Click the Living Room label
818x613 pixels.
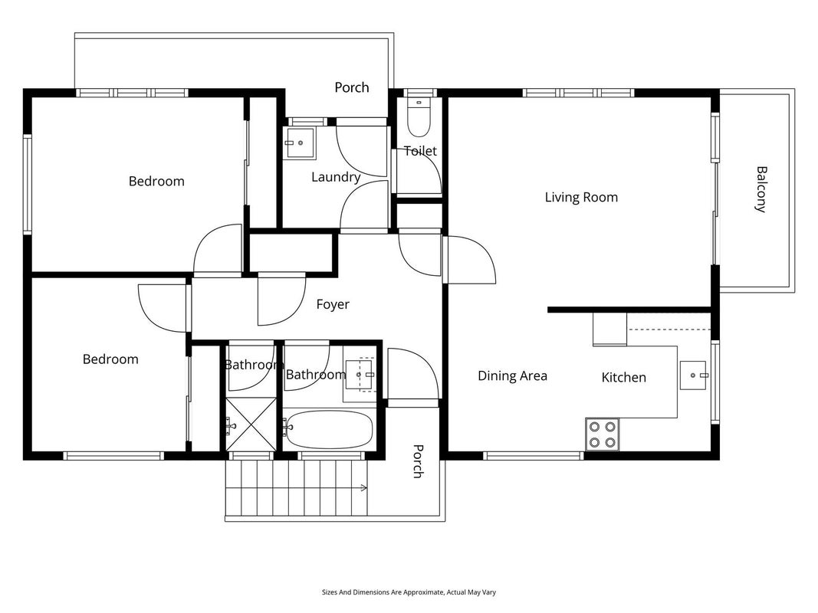tap(581, 197)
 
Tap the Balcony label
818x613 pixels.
tap(761, 189)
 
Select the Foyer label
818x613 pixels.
tap(333, 304)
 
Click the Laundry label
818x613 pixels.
tap(336, 177)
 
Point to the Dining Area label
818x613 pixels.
tap(512, 375)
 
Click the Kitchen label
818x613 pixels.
tap(623, 378)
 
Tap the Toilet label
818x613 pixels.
tap(420, 151)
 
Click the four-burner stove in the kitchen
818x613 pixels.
tap(602, 434)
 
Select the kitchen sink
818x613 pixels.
tap(693, 375)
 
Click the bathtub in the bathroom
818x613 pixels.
tap(329, 430)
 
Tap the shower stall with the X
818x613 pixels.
tap(251, 425)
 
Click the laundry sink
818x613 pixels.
tap(299, 143)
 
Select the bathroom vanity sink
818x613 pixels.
tap(360, 375)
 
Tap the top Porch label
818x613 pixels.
tap(352, 87)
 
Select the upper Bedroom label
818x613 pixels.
tap(156, 182)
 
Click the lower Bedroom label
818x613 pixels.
tap(110, 359)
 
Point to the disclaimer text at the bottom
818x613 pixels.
tap(409, 592)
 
